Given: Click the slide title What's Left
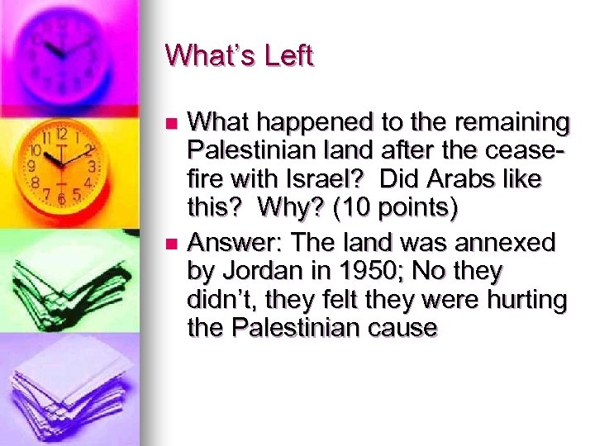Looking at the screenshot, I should [239, 56].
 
